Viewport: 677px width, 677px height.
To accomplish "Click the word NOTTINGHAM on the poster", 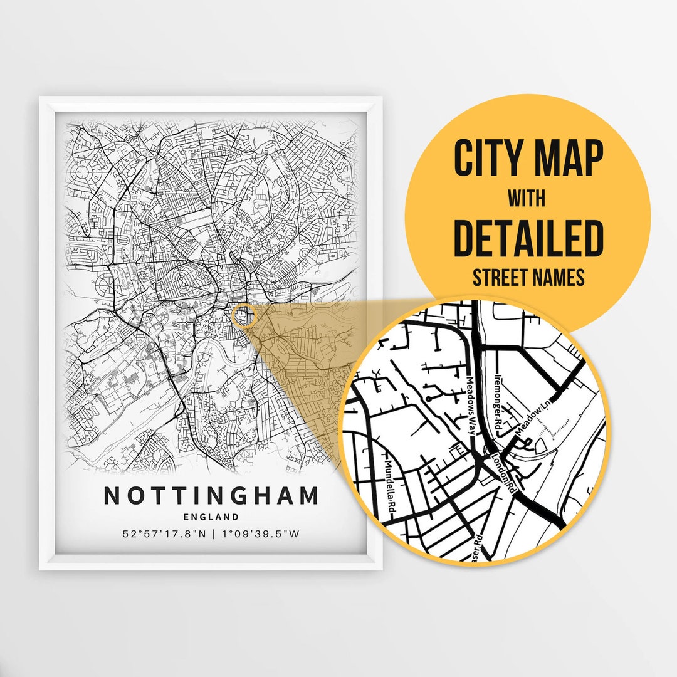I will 211,496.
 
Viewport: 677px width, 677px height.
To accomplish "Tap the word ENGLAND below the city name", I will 211,517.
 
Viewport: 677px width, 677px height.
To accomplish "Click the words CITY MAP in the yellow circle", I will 528,159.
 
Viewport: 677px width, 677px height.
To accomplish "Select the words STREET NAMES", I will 528,278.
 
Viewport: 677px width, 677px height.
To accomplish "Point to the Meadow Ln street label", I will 528,424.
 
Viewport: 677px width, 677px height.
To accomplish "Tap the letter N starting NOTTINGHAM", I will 111,496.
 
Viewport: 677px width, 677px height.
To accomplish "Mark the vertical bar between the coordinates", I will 213,535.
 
